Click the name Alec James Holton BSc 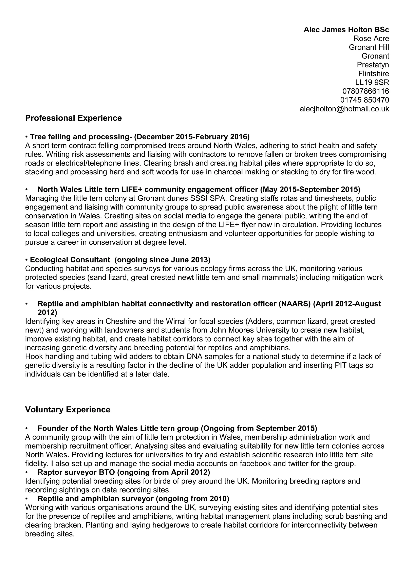(346, 30)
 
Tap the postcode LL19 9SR (372, 82)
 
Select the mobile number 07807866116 (365, 91)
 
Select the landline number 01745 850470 (364, 100)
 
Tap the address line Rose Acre (371, 39)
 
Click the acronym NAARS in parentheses (295, 304)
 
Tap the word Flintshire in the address (373, 74)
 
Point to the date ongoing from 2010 (192, 498)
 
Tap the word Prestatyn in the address (373, 65)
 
